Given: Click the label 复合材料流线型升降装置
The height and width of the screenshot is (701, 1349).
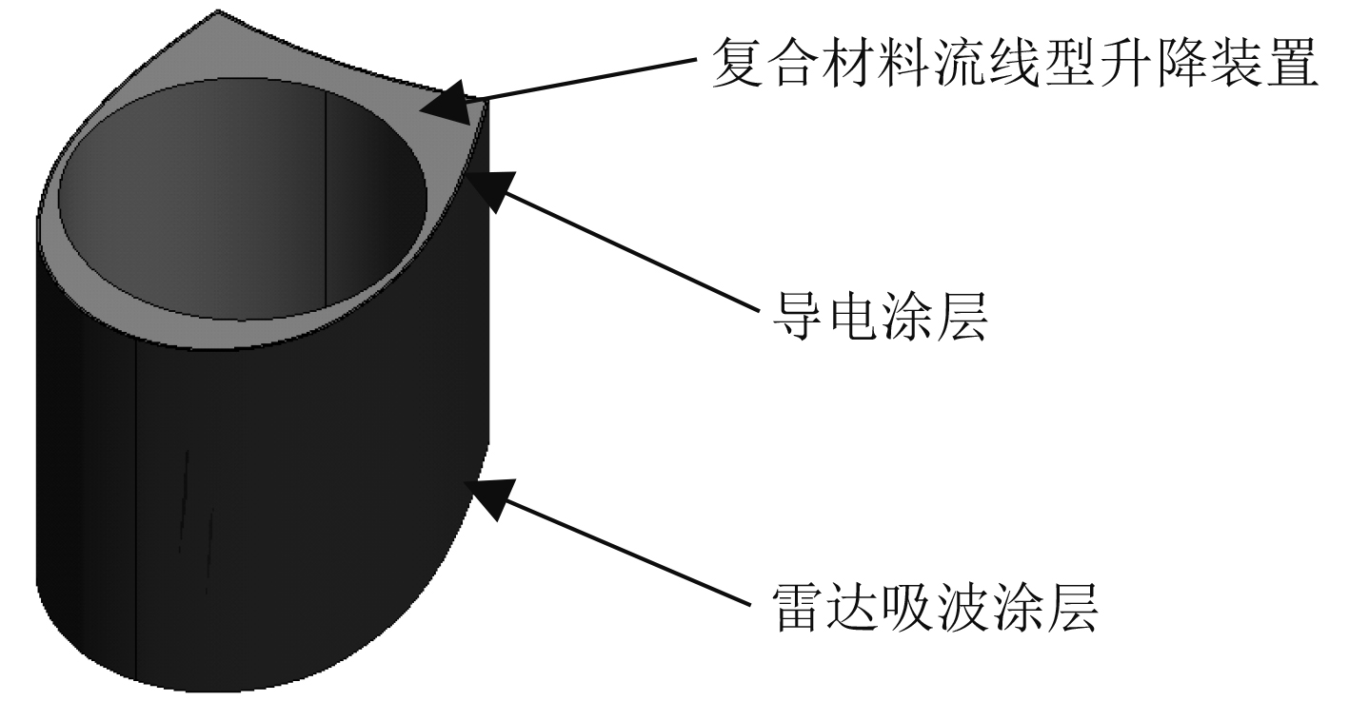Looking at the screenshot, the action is pyautogui.click(x=1015, y=64).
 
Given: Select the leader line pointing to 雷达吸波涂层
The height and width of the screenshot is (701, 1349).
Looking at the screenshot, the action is pyautogui.click(x=619, y=551).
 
